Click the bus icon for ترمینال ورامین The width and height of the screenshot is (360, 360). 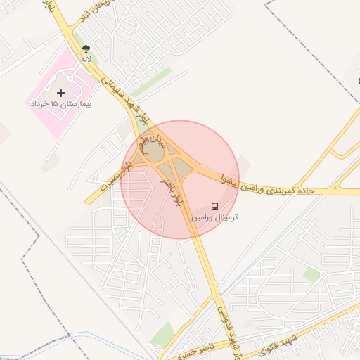(214, 206)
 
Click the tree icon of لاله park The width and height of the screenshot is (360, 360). (86, 49)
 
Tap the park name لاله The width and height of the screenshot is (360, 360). (86, 59)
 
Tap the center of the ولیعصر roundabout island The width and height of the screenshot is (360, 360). (153, 150)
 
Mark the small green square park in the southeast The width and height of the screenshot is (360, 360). (311, 274)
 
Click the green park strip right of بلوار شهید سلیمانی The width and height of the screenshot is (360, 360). (150, 83)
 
